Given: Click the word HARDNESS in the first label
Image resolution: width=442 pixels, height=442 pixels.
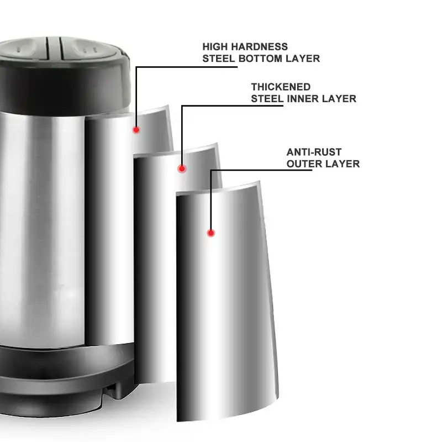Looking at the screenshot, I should click(259, 47).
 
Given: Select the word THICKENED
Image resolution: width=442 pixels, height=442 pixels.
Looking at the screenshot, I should click(281, 87).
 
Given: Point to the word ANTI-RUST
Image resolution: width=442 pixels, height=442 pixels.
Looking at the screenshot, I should click(314, 152).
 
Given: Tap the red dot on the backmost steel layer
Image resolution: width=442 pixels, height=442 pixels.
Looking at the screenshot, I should click(135, 130).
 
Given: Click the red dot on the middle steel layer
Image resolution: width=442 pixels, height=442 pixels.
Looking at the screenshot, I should click(182, 169).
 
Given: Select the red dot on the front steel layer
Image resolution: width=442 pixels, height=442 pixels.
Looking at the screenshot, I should click(211, 233).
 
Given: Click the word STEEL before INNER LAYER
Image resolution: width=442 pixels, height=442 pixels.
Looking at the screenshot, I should click(266, 99).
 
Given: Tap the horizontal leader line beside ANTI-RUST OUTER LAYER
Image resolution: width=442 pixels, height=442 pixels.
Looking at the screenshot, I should click(260, 171).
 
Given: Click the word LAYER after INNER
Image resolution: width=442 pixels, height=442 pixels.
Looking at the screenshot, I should click(341, 99).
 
